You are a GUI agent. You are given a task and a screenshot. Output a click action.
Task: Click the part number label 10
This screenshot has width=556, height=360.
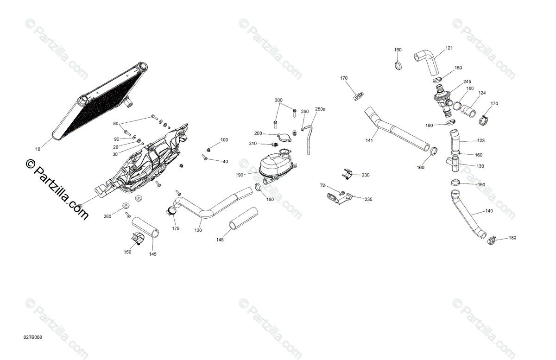(38, 149)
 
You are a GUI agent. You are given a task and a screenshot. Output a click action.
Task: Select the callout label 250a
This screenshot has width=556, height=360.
(320, 109)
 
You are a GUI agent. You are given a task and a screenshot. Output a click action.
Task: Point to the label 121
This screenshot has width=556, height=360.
(449, 48)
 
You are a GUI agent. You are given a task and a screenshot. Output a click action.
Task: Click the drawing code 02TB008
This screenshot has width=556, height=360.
(33, 337)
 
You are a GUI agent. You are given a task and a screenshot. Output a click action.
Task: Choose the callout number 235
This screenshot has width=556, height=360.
(368, 199)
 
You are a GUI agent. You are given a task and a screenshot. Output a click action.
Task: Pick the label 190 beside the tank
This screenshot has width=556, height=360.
(239, 175)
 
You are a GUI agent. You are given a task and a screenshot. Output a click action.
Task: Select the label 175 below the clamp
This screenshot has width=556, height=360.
(176, 229)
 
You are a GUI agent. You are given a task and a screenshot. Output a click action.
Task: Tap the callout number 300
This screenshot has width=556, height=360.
(278, 100)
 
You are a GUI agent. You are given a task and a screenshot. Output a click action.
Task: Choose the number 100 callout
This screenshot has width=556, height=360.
(224, 139)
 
